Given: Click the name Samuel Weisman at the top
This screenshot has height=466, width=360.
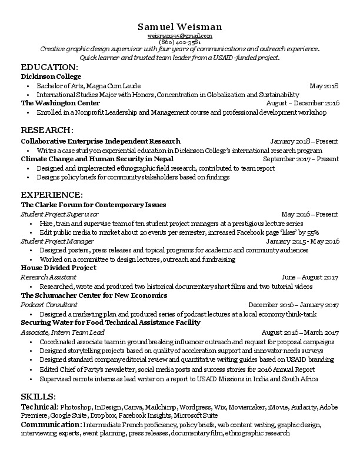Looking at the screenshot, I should [180, 27].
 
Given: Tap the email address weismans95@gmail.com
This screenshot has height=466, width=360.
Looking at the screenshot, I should [180, 36].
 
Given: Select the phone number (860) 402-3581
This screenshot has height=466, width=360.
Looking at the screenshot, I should [180, 42].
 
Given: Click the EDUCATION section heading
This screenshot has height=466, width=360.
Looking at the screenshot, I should [49, 67].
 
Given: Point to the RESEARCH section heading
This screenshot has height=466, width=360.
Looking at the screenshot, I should [47, 129].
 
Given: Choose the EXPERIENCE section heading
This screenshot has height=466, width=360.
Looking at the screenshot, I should [52, 194].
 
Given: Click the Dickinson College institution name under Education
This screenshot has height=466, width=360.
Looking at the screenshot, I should [51, 76].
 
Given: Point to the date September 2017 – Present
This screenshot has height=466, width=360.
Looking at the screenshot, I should [301, 159].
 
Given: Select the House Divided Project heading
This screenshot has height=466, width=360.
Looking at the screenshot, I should [58, 268].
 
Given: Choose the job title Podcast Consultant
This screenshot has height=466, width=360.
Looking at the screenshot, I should [49, 305].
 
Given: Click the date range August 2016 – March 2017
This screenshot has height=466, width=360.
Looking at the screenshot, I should [300, 332].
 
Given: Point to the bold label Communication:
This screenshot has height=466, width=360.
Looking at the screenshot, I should [51, 424].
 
